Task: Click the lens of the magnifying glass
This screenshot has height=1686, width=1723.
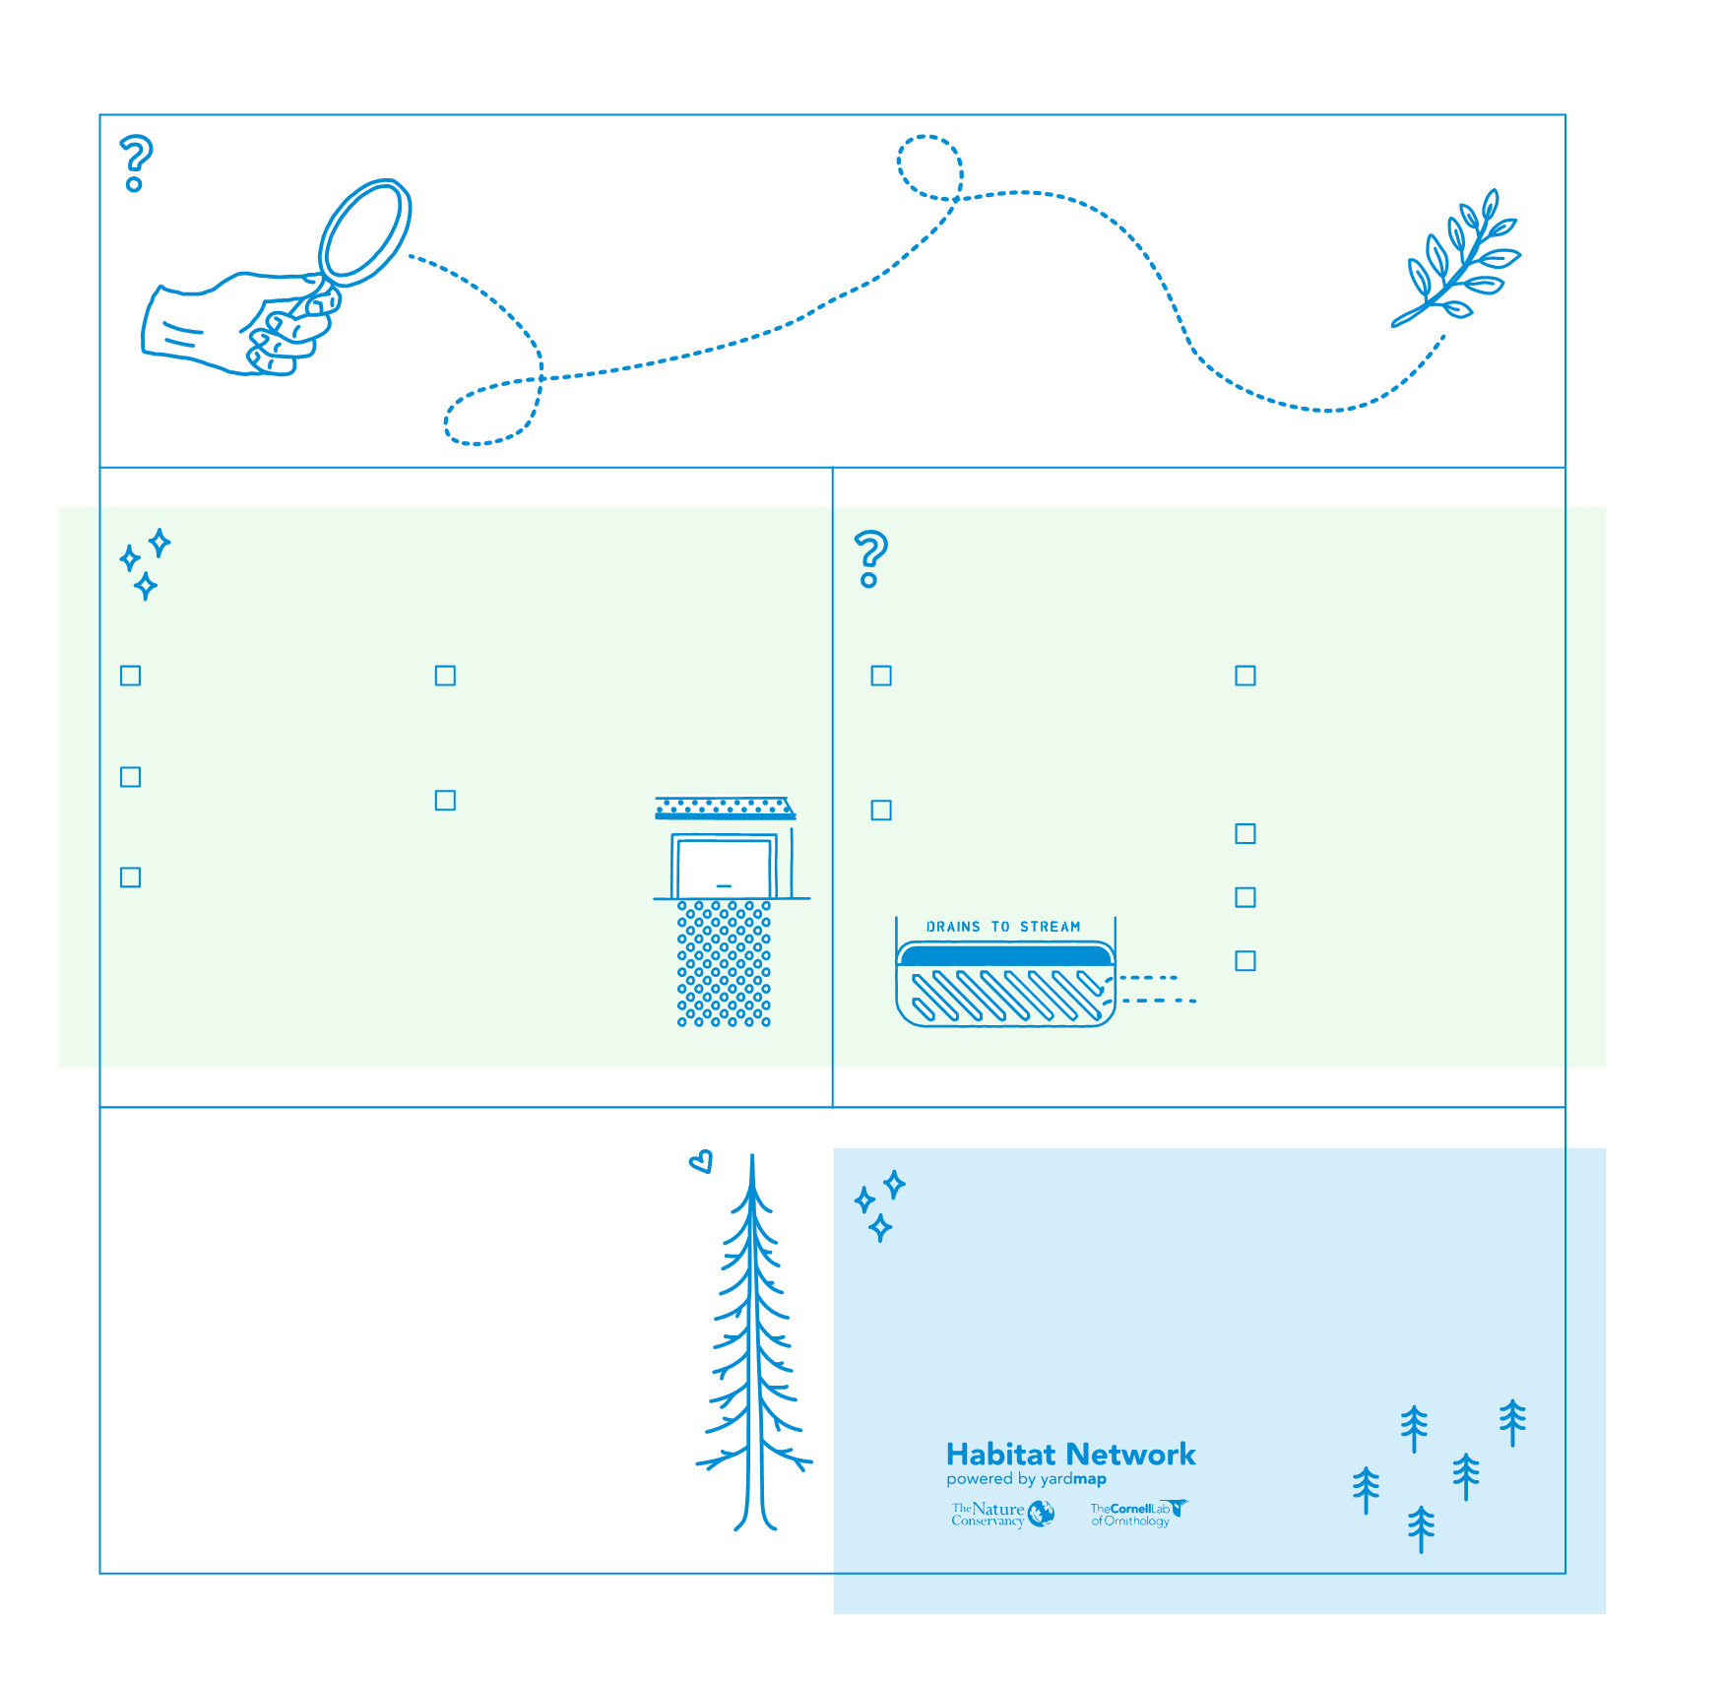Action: [364, 231]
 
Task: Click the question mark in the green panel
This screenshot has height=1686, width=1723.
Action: [870, 558]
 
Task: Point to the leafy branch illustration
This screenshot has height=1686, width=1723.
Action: [1456, 258]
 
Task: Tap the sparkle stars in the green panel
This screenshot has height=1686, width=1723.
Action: [145, 564]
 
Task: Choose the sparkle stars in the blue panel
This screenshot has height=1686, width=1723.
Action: [879, 1205]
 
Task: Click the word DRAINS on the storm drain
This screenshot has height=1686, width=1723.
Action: [953, 927]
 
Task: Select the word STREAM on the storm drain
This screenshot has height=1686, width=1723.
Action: [1051, 927]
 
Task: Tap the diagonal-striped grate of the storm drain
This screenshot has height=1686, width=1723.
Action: [1005, 995]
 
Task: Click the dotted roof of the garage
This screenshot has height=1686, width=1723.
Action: [725, 809]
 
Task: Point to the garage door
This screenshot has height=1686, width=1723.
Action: [725, 868]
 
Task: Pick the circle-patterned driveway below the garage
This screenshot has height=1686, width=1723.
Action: [724, 963]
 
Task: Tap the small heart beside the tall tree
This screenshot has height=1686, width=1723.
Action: [700, 1162]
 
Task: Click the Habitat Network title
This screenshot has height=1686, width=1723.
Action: [1070, 1455]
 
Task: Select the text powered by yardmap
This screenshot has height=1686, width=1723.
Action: [1026, 1479]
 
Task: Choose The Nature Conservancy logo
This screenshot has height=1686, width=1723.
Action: [1002, 1514]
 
